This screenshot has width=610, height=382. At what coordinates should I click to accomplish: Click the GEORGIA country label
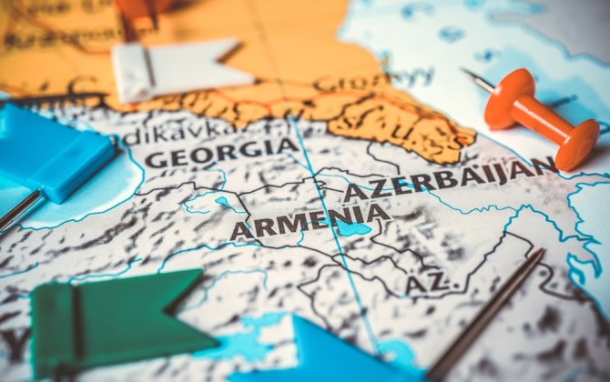(x=221, y=152)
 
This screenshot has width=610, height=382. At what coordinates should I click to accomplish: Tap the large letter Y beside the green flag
(x=15, y=344)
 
